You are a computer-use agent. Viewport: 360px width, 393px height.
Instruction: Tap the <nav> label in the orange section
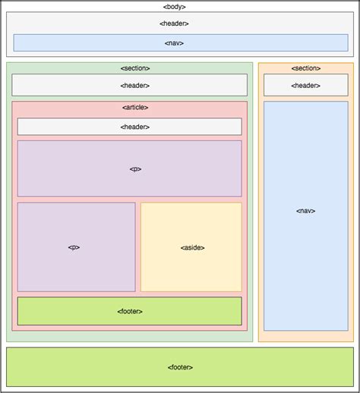pos(305,210)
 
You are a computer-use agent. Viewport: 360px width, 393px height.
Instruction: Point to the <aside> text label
pos(191,247)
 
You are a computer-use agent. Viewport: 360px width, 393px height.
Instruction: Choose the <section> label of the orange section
pos(305,68)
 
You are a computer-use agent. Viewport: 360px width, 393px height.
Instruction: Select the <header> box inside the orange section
pos(305,85)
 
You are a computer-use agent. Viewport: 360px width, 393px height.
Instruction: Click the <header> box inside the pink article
pos(129,127)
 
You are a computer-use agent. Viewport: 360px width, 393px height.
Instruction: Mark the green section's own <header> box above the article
pos(129,85)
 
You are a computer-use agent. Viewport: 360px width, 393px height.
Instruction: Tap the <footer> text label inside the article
pos(130,311)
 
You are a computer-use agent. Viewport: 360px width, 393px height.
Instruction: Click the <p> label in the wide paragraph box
pos(135,168)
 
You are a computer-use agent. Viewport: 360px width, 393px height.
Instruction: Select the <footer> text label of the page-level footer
pos(180,366)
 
